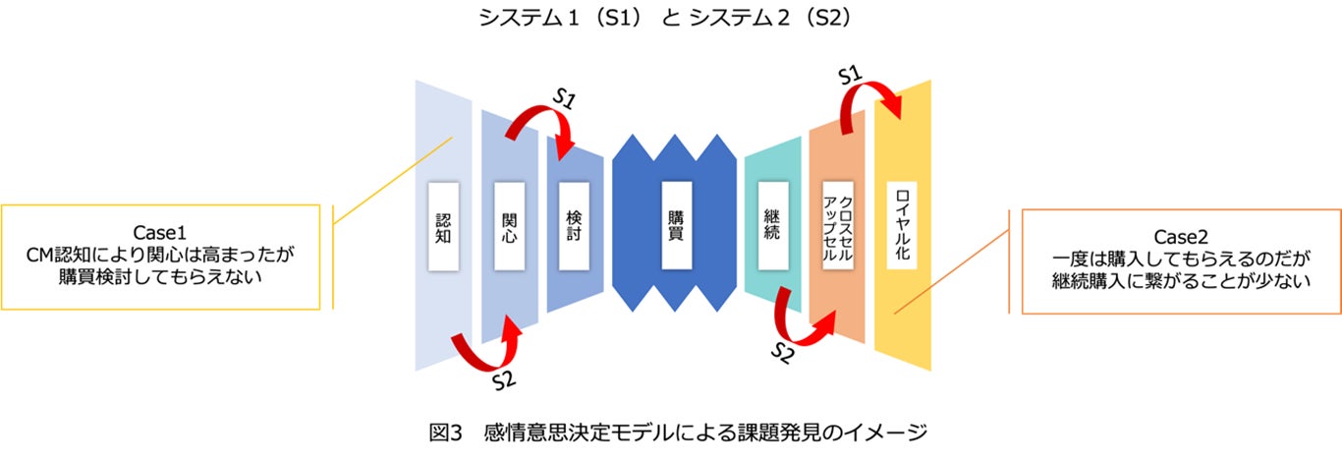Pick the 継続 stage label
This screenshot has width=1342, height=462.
tap(773, 225)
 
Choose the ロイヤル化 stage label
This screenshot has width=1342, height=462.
tap(902, 225)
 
